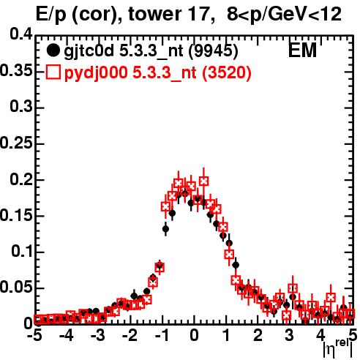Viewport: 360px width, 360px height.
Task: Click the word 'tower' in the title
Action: pos(156,15)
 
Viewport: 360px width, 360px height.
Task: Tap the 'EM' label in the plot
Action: pos(302,50)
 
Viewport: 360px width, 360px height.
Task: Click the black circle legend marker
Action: pos(53,50)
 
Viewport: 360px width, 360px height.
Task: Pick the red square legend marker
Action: pos(53,72)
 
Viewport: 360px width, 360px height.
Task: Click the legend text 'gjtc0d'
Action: pos(89,52)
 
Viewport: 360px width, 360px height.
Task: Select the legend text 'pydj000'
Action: pos(96,73)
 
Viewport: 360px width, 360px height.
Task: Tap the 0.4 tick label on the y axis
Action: pos(21,34)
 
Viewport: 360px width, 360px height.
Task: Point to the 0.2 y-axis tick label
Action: pos(21,179)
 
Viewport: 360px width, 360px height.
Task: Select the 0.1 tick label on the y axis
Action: pos(21,251)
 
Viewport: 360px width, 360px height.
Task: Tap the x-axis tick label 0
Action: pos(194,336)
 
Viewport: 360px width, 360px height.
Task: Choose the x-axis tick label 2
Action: pos(258,336)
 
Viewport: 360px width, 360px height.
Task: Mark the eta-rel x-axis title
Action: pos(337,349)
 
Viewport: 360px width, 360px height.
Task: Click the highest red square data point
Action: pos(204,181)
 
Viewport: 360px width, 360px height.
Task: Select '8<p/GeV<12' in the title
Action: pos(284,15)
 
